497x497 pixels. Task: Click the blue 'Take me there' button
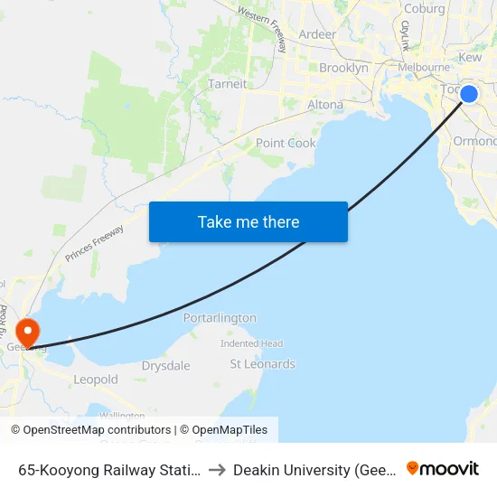[248, 221]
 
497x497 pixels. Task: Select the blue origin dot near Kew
[469, 93]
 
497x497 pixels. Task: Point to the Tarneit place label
[227, 83]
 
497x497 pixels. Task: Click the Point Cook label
[286, 143]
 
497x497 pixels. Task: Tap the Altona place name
[325, 105]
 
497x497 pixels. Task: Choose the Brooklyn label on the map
[343, 68]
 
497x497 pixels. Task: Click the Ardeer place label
[316, 34]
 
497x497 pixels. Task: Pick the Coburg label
[425, 9]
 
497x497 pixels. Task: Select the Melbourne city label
[424, 67]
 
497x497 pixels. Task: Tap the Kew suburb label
[471, 57]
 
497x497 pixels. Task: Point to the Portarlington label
[220, 318]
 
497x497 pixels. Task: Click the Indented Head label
[251, 343]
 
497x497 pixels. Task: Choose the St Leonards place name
[262, 364]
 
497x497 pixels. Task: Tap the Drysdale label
[165, 366]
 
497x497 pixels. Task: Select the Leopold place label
[96, 380]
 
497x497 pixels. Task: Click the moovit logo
[442, 469]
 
